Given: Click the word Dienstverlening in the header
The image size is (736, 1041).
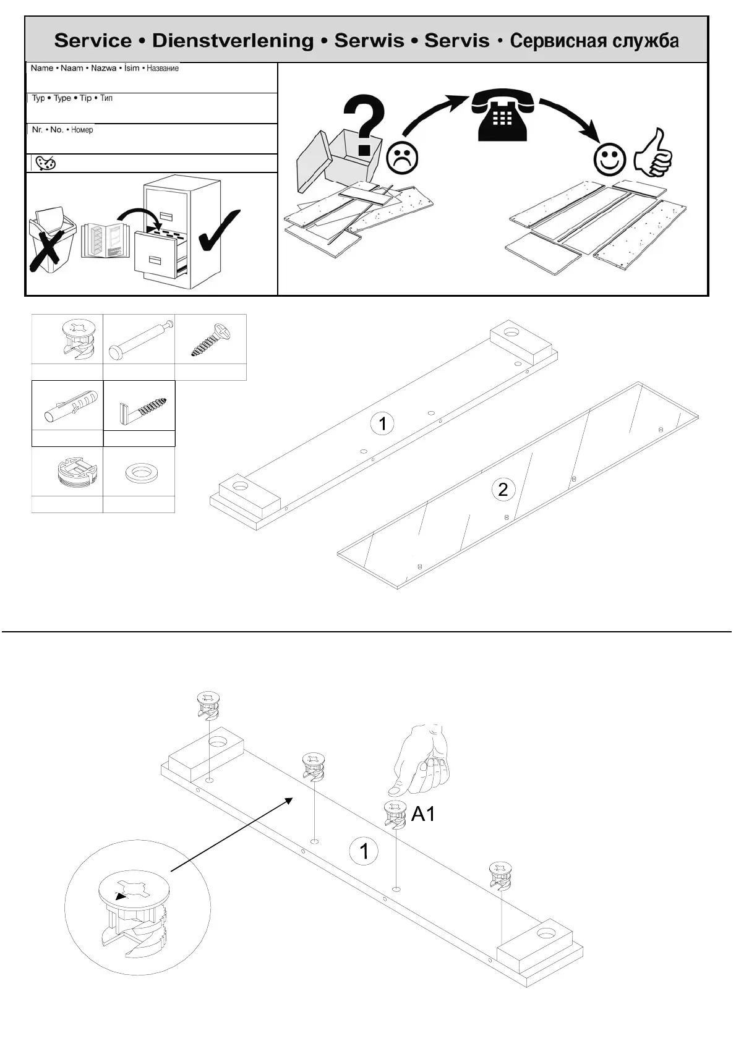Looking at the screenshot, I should [233, 41].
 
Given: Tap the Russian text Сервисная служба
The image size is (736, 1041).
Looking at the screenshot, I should [594, 41].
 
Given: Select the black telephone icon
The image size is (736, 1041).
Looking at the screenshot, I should [502, 114].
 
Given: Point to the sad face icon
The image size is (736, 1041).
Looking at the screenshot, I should [402, 158].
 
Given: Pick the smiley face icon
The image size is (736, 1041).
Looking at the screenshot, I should [609, 159].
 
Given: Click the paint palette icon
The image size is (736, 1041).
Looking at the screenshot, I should [46, 163].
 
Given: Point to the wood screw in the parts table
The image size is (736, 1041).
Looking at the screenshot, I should [210, 340].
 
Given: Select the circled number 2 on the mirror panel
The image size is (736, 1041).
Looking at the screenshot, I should [503, 490].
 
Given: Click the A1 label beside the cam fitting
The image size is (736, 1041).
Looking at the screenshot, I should [423, 814].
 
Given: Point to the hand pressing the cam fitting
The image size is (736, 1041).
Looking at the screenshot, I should [422, 760].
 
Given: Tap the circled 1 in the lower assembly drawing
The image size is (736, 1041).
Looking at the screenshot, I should [364, 851].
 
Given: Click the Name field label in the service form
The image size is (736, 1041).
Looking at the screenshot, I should [42, 68].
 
